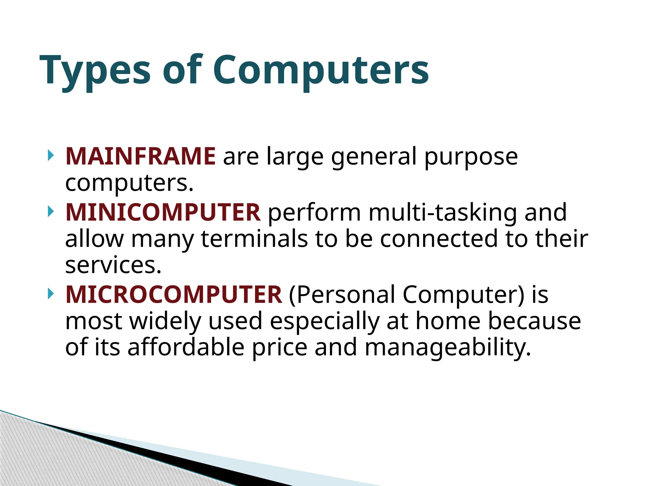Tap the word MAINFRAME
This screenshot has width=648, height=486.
pos(140,156)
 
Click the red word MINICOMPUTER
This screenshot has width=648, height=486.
pos(163,212)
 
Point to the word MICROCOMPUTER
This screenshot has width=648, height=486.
pos(174,295)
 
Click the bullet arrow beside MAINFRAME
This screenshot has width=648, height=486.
pos(50,155)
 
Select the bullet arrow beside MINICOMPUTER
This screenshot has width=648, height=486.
pos(50,211)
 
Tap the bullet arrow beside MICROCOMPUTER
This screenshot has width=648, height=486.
pos(50,294)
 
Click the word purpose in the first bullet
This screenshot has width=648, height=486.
pos(471,157)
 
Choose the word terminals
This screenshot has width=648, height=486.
pos(254,239)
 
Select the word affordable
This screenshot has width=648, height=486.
pos(186,347)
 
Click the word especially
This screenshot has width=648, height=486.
pos(324,321)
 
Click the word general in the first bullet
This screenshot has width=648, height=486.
pos(374,157)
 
